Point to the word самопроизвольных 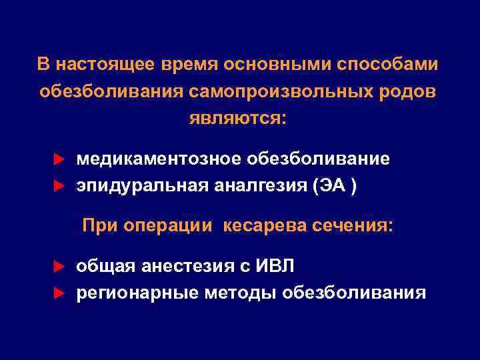coord(293,91)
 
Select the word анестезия coord(175,267)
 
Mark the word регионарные coord(137,293)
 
